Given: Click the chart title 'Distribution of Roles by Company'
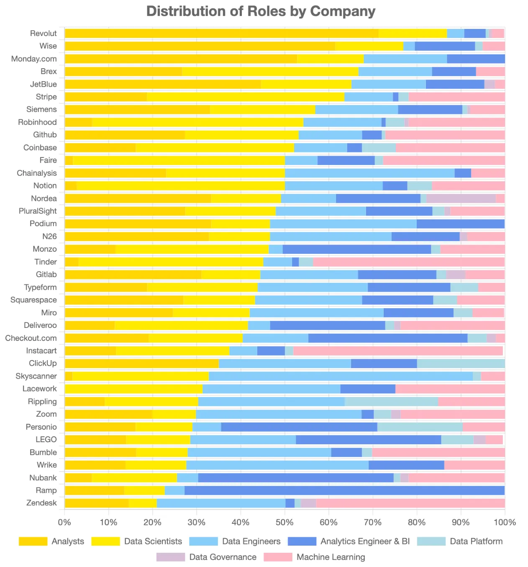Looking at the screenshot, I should coord(261,11).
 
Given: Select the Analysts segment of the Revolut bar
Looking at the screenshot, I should coord(221,34).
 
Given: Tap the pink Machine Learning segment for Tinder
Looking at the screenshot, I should coord(408,262).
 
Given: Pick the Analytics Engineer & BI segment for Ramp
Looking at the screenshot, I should coord(344,490).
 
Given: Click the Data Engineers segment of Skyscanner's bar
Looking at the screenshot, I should coord(341,376).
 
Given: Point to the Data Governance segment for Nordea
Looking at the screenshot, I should coord(461,198).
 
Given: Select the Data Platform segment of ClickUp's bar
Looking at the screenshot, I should coord(461,363).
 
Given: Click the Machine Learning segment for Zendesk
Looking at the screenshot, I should coord(410,503).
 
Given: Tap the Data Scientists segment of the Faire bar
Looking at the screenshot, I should coord(179,160).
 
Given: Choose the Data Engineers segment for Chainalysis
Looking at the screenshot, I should coord(369,173).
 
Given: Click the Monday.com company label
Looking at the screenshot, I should coord(34,59).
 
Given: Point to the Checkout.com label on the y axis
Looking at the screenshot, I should coord(31,338).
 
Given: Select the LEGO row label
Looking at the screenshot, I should coord(46,440).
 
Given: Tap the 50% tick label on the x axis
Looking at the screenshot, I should coord(285,522).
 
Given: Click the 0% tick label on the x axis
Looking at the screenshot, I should coord(64,522).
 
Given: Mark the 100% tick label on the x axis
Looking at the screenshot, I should coord(505,522).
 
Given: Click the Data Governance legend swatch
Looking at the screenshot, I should coord(170,557).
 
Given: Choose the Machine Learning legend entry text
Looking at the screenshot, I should coord(331,557).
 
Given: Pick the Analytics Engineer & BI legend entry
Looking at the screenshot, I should coord(365,541).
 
